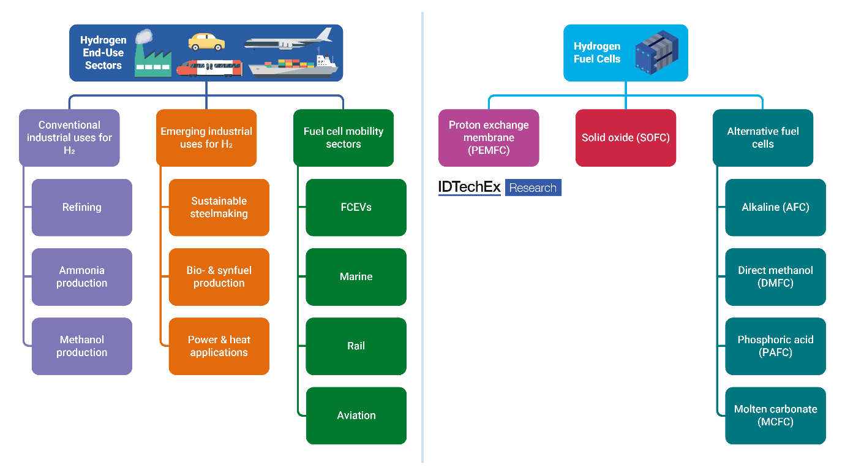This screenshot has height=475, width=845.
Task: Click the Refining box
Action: [x=82, y=207]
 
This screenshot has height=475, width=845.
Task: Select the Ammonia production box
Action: [x=82, y=276]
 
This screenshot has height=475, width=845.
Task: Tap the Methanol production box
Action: [x=82, y=346]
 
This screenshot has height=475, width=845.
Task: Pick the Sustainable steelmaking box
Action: [x=219, y=207]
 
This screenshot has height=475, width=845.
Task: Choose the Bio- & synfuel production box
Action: [x=219, y=276]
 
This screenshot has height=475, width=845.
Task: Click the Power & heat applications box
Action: [x=219, y=346]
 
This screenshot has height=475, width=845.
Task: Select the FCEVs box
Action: [x=356, y=207]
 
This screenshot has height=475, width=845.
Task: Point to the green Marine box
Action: [x=356, y=276]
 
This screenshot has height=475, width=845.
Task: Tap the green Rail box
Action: [x=356, y=346]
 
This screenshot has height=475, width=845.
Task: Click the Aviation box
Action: [x=356, y=415]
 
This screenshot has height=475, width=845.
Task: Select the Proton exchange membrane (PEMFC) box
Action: [x=489, y=138]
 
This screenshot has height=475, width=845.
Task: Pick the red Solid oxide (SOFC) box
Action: [x=626, y=138]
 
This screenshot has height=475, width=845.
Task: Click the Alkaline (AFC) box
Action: [x=775, y=207]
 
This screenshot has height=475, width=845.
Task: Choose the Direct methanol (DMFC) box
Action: [x=775, y=276]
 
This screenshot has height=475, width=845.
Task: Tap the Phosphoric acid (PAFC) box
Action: [x=775, y=346]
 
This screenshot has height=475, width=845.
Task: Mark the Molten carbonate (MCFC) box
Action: [x=775, y=415]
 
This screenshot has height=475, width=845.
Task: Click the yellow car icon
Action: [x=206, y=42]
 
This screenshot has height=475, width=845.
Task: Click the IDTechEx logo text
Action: [x=470, y=188]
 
